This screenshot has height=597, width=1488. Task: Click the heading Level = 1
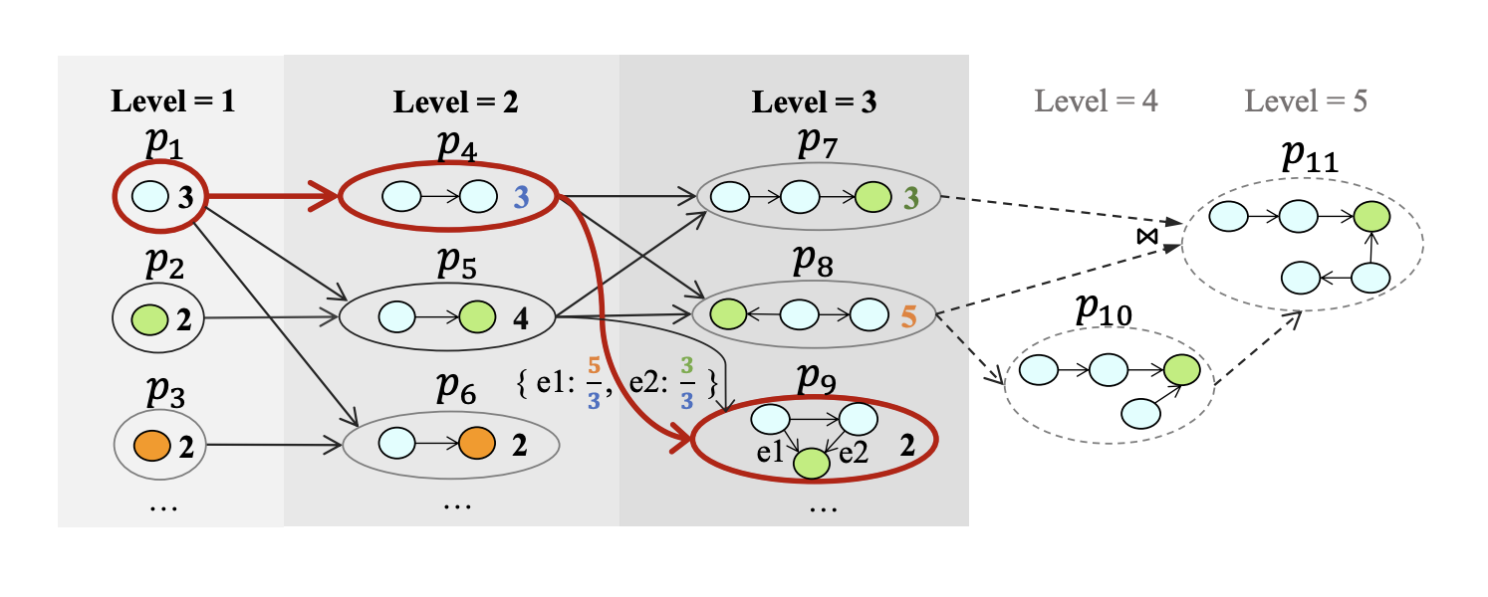tap(173, 100)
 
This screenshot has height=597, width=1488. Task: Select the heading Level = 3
tap(814, 100)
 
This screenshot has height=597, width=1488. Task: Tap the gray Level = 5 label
tap(1306, 100)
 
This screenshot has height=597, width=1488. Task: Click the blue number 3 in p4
tap(520, 197)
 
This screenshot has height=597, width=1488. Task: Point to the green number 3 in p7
tap(907, 197)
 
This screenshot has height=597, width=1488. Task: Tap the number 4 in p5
tap(520, 319)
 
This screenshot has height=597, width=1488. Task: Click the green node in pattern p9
tap(811, 463)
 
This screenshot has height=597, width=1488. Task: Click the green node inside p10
tap(1181, 371)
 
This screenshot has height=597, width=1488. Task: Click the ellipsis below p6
tap(457, 504)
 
